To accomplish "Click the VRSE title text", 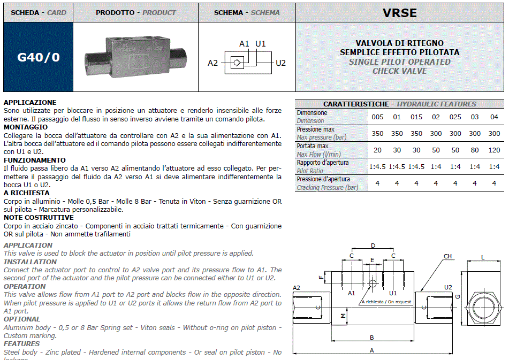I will (399, 12).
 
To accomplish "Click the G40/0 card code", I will (39, 57).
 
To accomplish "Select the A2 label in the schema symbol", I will (213, 63).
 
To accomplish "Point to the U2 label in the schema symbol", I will (280, 63).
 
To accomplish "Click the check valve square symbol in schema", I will (236, 63).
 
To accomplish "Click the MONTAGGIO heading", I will (26, 127).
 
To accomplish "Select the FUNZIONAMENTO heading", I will (35, 160).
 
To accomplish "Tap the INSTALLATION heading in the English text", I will (30, 262).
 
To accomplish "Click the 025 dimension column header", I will (455, 117).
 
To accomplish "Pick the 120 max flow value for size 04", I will (494, 150).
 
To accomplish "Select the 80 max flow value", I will (474, 150).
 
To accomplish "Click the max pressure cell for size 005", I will (377, 133).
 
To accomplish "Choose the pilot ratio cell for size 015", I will (416, 166).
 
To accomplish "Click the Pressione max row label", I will (316, 129).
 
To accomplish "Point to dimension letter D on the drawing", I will (373, 246).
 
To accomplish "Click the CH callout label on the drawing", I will (447, 256).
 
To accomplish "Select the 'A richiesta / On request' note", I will (386, 302).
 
